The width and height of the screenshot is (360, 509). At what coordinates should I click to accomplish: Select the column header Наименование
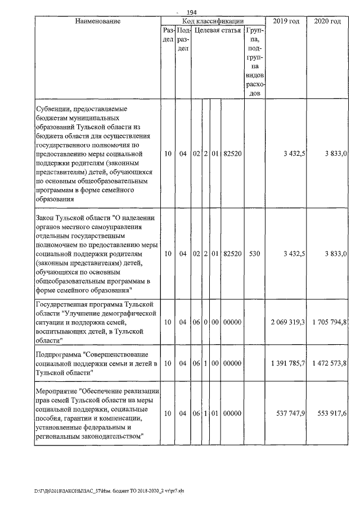(x=98, y=21)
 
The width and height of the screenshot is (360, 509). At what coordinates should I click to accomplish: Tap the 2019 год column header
(x=286, y=21)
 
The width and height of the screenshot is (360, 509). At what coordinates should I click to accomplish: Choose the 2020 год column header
(x=328, y=21)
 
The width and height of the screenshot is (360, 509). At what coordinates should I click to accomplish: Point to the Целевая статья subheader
(x=218, y=30)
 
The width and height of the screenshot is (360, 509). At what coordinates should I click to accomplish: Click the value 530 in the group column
(x=255, y=254)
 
